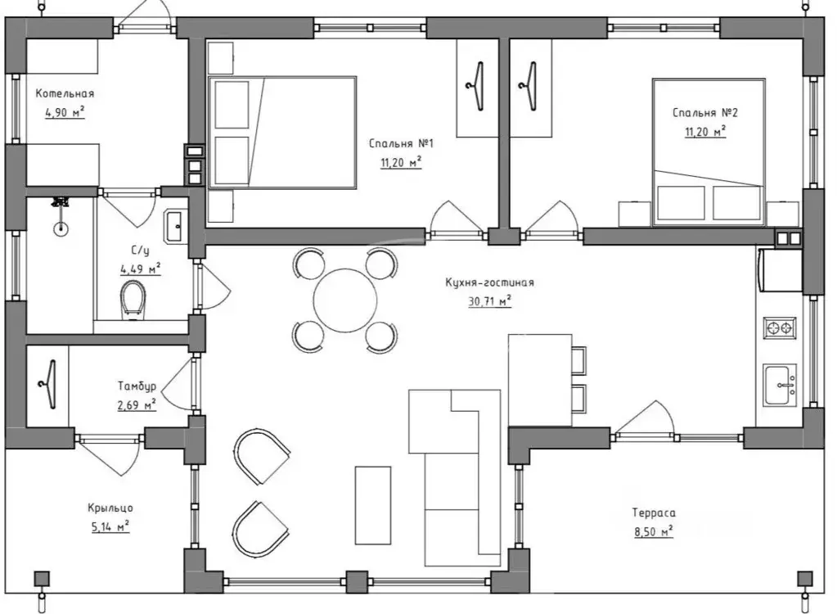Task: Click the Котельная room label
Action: click(65, 93)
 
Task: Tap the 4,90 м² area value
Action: click(65, 112)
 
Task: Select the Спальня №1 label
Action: click(401, 143)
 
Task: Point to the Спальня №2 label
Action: click(704, 113)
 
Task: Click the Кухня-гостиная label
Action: click(489, 282)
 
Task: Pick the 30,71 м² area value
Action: click(489, 301)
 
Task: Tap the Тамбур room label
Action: click(137, 386)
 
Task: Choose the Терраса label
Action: click(654, 513)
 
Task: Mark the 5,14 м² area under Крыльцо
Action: click(110, 527)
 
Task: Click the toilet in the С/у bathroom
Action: click(133, 300)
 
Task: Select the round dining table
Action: click(345, 300)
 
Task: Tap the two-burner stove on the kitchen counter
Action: click(780, 328)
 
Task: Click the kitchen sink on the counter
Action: click(780, 385)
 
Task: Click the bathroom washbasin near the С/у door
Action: click(175, 227)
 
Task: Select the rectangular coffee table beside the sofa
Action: click(373, 505)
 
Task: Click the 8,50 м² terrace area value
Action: click(654, 532)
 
